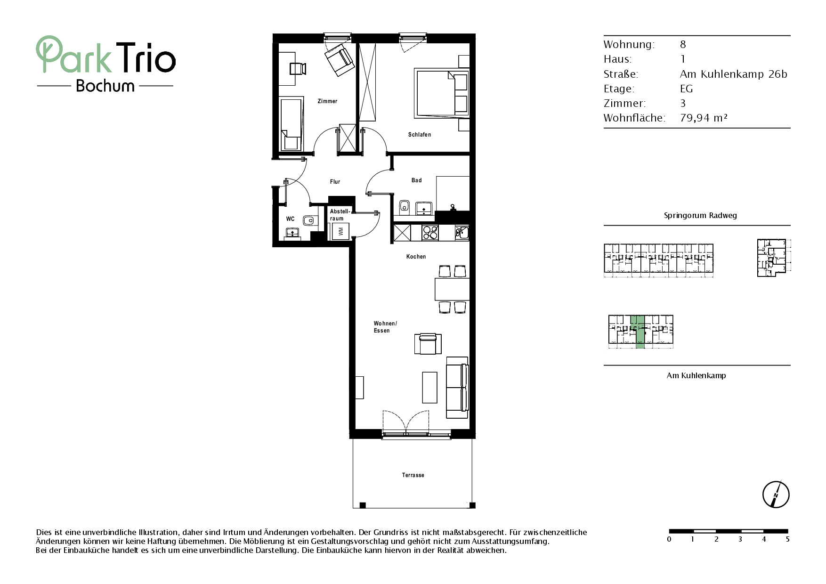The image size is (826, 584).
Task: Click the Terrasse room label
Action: [x=413, y=475]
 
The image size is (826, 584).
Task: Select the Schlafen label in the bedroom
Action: [x=420, y=135]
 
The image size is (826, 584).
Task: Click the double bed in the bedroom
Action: [x=442, y=93]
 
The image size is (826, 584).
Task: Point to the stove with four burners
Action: [x=430, y=232]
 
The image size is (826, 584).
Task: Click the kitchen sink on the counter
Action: [x=462, y=232]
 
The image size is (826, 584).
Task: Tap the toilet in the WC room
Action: [x=309, y=220]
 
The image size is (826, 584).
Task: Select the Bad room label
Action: [x=417, y=180]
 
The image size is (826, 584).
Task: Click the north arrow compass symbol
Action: [x=776, y=495]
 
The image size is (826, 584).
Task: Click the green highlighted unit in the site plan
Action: [x=638, y=332]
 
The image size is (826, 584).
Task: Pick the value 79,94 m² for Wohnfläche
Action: [x=704, y=118]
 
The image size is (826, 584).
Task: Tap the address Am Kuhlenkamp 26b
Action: [x=734, y=74]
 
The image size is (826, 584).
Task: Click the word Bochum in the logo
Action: [x=105, y=86]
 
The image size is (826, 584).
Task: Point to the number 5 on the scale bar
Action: [x=787, y=539]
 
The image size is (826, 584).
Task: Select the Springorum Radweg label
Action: [x=700, y=216]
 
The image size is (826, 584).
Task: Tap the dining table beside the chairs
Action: [x=452, y=289]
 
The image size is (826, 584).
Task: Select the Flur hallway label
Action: [x=335, y=182]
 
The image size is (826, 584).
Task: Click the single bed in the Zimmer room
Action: [x=291, y=124]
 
